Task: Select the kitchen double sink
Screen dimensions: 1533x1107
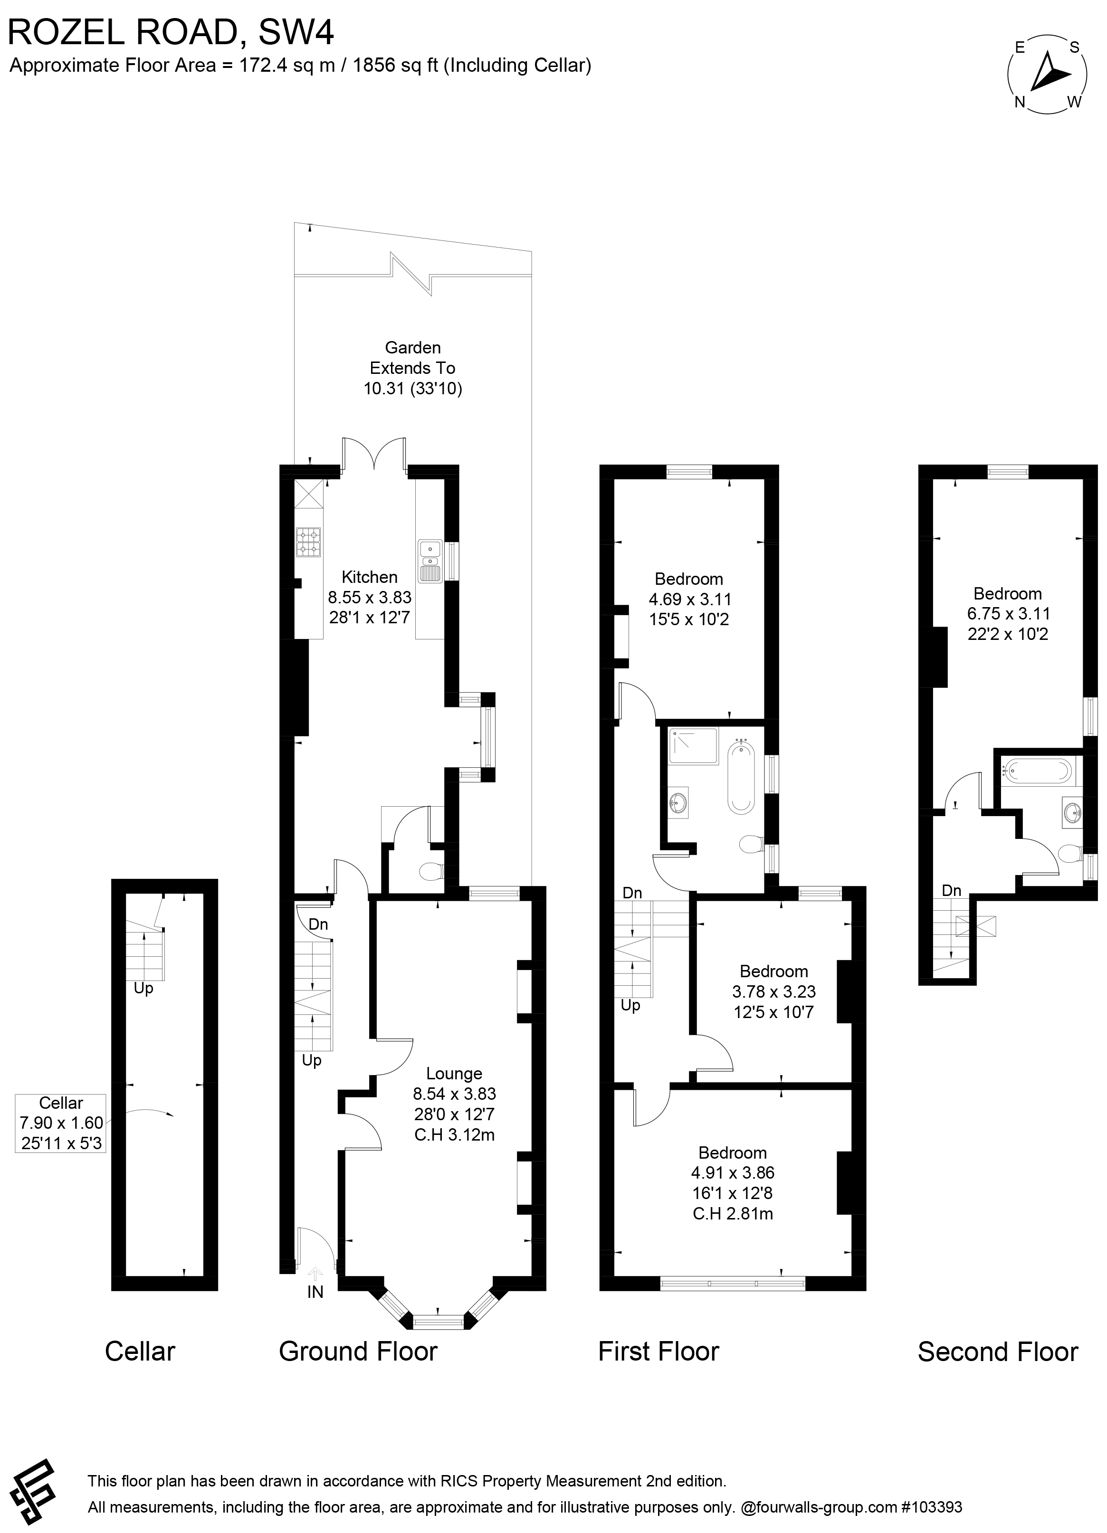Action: (430, 561)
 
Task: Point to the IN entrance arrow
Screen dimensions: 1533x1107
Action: (315, 1275)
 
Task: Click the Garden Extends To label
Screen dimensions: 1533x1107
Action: (412, 368)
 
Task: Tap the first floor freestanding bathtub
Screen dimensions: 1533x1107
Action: (741, 777)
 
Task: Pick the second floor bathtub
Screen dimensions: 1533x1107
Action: (1037, 770)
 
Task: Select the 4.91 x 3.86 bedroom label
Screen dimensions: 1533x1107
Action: (733, 1183)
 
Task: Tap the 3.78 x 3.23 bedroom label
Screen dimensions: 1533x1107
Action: (774, 991)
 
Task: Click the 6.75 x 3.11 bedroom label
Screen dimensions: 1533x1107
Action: (1008, 613)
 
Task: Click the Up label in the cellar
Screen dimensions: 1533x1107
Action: (143, 988)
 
